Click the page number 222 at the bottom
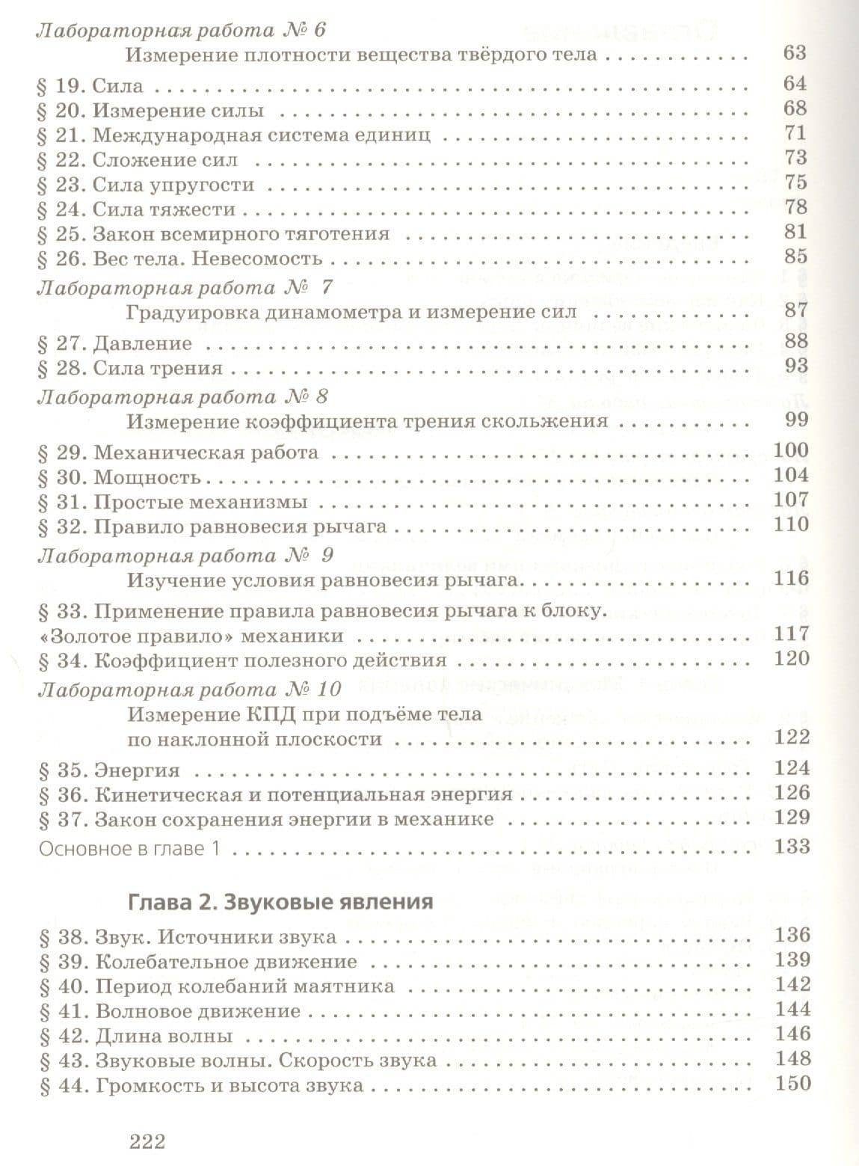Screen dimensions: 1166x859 [x=147, y=1142]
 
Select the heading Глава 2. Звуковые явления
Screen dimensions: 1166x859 [x=280, y=901]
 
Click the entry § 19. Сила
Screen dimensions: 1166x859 [x=90, y=86]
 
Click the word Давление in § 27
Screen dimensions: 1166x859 [x=143, y=343]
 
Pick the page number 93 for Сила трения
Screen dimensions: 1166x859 [x=796, y=366]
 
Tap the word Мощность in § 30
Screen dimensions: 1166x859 [x=148, y=476]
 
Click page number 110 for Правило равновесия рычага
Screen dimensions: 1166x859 [x=792, y=524]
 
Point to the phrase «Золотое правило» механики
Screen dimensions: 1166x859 [x=190, y=636]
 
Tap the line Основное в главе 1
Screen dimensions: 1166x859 [x=131, y=848]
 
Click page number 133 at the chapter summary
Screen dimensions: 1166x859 [x=792, y=846]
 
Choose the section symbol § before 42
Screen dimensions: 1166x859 [x=44, y=1037]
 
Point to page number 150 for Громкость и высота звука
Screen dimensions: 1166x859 [x=792, y=1082]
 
